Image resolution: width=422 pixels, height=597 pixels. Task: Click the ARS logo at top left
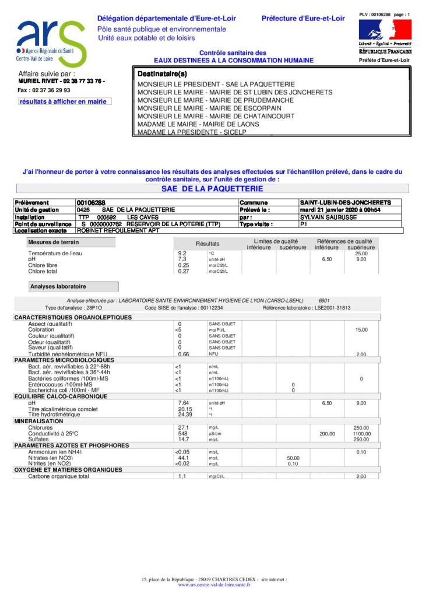click(51, 43)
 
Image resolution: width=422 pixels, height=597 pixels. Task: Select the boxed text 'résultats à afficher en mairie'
click(64, 101)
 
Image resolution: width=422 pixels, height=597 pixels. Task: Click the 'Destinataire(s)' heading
click(162, 74)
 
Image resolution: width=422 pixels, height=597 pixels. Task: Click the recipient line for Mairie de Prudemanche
click(215, 100)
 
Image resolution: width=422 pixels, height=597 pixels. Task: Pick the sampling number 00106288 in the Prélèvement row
click(91, 202)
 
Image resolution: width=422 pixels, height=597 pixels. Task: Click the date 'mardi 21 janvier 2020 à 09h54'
click(344, 209)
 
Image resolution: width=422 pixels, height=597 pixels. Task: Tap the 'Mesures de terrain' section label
click(54, 242)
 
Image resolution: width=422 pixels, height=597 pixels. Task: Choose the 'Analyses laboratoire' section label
click(58, 286)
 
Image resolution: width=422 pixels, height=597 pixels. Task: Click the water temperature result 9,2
click(182, 254)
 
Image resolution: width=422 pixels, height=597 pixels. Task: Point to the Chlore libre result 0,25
click(183, 265)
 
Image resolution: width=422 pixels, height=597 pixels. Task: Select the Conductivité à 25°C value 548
click(182, 434)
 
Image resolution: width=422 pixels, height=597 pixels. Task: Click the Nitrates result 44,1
click(182, 458)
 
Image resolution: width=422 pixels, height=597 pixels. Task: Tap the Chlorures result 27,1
click(182, 427)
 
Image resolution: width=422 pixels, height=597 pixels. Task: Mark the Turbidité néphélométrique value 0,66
click(183, 354)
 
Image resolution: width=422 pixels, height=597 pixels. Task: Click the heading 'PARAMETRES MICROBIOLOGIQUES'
click(64, 360)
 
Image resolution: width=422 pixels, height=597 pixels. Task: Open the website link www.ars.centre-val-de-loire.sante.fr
click(214, 584)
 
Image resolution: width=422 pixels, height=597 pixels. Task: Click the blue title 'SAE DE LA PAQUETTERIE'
click(212, 189)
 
